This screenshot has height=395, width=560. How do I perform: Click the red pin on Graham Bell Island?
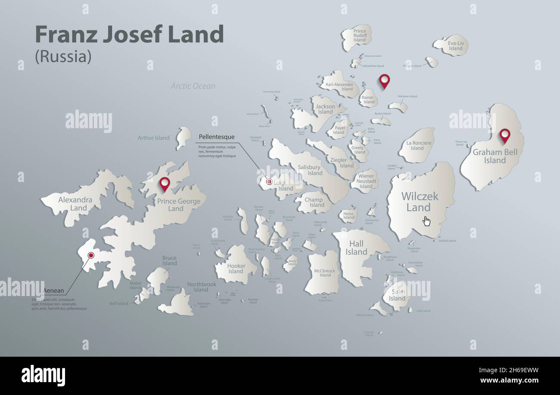click(504, 135)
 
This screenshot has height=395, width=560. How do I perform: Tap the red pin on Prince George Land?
click(165, 184)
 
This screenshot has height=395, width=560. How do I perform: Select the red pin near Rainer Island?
click(384, 80)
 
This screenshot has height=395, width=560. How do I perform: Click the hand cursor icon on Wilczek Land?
click(426, 221)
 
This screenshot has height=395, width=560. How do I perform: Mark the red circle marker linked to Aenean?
click(91, 255)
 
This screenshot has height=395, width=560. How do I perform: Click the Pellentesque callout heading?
click(217, 137)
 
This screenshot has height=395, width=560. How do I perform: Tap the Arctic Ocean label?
click(193, 86)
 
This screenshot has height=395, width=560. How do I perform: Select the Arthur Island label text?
click(153, 138)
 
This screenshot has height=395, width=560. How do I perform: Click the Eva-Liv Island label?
click(455, 46)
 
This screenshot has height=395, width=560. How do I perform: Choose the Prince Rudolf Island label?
click(359, 35)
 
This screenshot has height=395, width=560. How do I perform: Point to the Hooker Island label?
click(236, 268)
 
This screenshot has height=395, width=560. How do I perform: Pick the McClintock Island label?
click(324, 273)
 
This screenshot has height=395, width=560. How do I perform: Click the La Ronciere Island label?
click(417, 145)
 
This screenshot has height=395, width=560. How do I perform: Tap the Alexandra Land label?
click(75, 204)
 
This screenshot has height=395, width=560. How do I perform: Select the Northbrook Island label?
click(202, 287)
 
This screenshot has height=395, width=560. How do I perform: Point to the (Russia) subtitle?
click(63, 56)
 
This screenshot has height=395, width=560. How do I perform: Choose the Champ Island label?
click(314, 202)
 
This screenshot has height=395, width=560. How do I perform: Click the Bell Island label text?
click(119, 303)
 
